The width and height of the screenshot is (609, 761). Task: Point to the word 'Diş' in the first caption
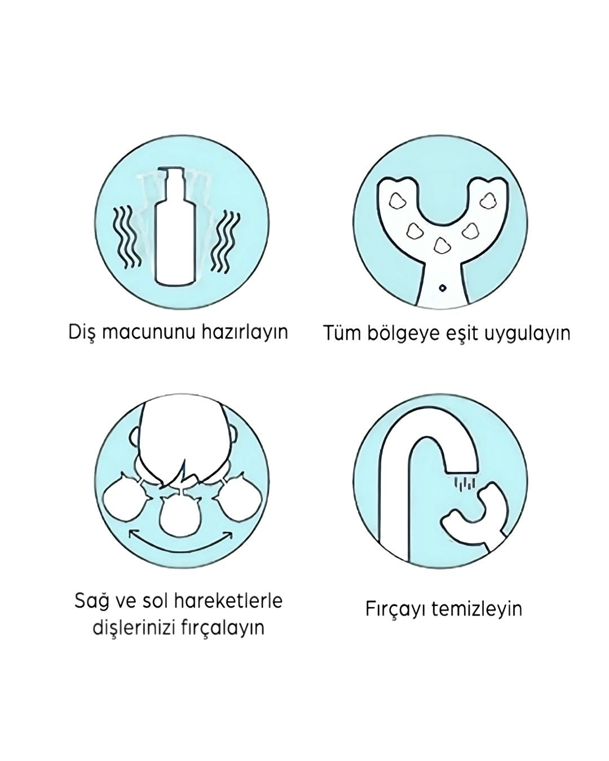(x=81, y=331)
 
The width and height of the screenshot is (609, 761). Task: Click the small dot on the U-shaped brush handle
(x=443, y=287)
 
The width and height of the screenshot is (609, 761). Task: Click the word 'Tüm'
(x=340, y=333)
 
